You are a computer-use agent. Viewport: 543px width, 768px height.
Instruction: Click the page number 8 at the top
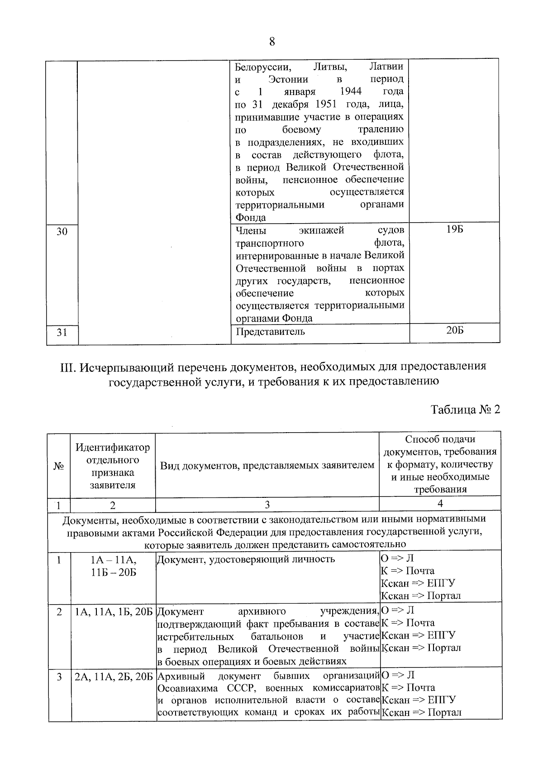[272, 42]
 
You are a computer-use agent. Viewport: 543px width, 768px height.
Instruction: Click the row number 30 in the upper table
[62, 232]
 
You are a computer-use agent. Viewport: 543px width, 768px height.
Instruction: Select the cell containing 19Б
[454, 229]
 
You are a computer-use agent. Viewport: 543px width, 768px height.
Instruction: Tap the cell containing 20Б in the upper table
[455, 330]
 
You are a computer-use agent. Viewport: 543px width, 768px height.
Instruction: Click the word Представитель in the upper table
[270, 332]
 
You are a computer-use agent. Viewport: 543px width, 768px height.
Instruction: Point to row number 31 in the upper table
[62, 333]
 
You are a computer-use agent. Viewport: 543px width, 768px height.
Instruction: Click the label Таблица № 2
[465, 410]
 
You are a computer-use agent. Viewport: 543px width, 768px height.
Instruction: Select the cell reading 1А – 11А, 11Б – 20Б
[113, 566]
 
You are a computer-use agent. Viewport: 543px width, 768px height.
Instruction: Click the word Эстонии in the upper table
[288, 79]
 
